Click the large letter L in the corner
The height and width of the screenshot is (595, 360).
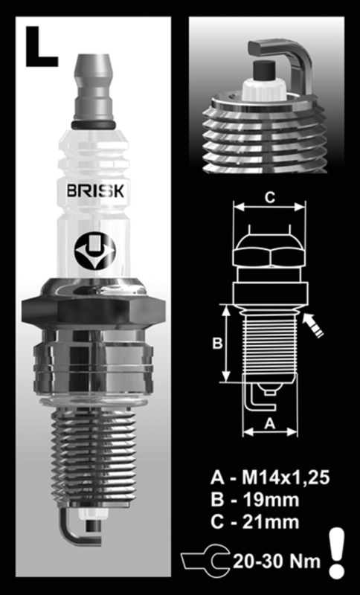(41, 47)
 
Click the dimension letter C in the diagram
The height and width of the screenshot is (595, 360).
(270, 198)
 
